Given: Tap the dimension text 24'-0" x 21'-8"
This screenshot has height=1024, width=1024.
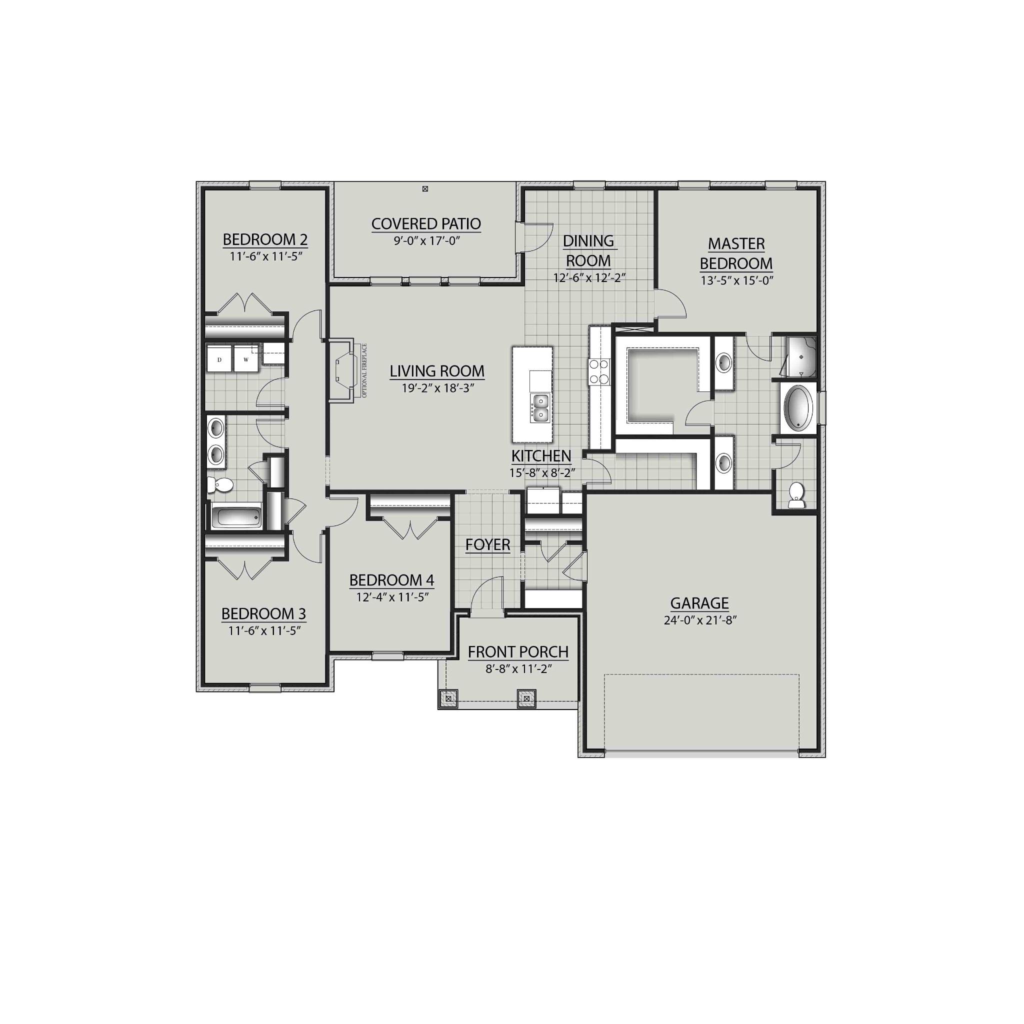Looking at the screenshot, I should [700, 620].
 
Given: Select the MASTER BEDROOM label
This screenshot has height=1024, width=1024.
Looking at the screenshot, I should [736, 253].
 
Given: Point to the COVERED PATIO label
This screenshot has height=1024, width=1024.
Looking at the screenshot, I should [426, 224].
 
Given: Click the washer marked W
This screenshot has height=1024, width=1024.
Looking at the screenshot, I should [246, 360].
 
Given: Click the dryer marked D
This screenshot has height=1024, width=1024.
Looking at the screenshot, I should [219, 360].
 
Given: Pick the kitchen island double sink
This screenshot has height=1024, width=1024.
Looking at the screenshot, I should [540, 408].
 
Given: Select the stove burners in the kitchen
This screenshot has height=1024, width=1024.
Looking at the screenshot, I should [599, 371].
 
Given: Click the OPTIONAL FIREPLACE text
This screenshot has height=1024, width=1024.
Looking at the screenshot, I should [364, 370].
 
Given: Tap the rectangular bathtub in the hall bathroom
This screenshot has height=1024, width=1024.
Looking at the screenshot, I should [236, 517].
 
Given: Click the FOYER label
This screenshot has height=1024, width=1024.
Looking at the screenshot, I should [487, 545].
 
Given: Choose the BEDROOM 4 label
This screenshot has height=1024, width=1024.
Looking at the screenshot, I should [391, 580].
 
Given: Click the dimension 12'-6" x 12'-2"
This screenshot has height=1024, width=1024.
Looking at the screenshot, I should [589, 277].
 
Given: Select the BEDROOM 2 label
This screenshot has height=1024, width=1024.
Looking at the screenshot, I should [265, 240].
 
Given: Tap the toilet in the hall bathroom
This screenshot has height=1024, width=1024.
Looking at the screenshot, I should [220, 484].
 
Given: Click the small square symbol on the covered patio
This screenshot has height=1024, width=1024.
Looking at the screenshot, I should [425, 188].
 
